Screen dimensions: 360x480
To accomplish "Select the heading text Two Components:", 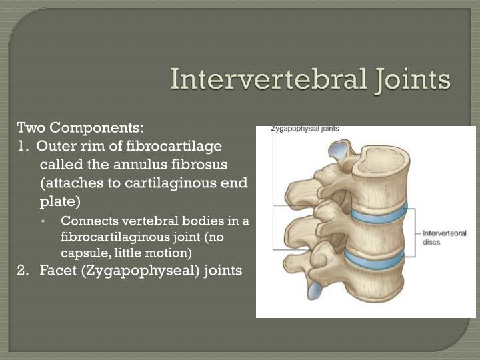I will [80, 127].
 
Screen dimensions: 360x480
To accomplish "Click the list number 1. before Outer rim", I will [24, 145].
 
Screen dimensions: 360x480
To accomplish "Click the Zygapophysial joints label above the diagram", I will [305, 129].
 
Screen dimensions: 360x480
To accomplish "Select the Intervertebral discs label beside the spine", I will [445, 237].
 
